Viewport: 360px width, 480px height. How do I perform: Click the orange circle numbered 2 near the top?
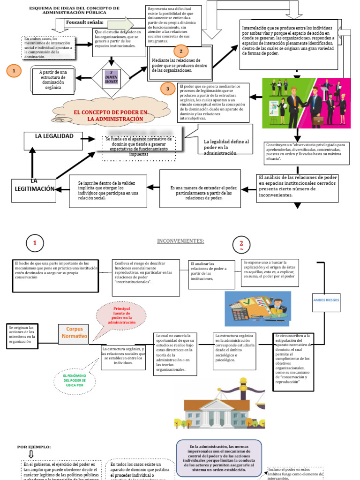(x=181, y=52)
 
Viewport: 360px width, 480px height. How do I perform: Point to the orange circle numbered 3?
(x=167, y=88)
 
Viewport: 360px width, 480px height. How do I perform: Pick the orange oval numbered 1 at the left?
(x=14, y=71)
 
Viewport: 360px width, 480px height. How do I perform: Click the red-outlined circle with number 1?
(x=35, y=243)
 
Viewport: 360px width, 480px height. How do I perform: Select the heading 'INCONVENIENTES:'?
(x=180, y=241)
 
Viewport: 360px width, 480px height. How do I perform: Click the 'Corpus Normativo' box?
(x=76, y=333)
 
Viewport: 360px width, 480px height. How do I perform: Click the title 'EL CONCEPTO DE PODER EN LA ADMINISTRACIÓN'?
(x=111, y=115)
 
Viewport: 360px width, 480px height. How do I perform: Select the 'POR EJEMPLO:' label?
(x=34, y=447)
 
